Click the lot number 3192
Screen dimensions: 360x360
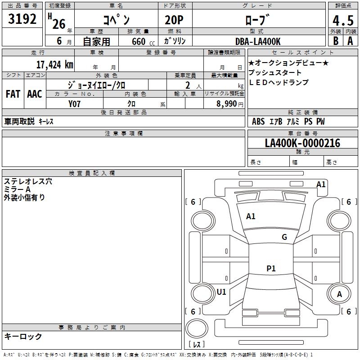pos(22,19)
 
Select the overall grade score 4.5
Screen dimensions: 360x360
pos(343,21)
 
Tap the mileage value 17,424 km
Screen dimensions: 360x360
pos(54,65)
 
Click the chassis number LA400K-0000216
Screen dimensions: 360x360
pos(302,143)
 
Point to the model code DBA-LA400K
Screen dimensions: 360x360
pos(258,41)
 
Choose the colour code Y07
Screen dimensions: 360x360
pos(74,104)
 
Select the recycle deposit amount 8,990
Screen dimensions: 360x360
pos(227,103)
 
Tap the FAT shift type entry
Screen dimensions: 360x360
pos(13,94)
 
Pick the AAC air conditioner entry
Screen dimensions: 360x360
pos(35,94)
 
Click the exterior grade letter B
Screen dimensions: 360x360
pos(336,41)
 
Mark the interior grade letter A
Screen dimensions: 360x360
pos(350,41)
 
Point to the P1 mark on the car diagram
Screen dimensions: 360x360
pos(271,268)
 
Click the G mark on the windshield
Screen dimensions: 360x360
pos(284,237)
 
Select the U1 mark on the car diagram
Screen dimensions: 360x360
pos(221,292)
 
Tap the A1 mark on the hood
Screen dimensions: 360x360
pos(251,216)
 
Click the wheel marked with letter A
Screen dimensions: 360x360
pos(339,294)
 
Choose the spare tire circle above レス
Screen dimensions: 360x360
pos(197,328)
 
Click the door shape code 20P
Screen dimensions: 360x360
pos(174,20)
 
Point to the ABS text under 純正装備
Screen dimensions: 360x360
pos(258,121)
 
